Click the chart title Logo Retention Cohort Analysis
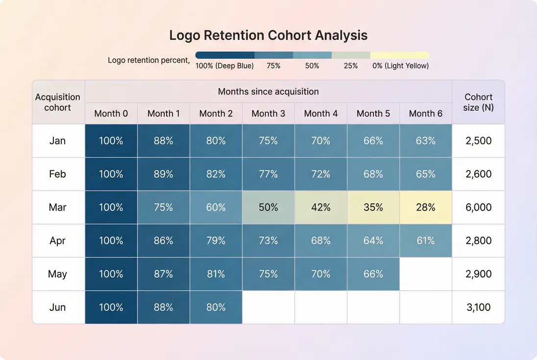tap(268, 35)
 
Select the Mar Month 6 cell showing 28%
tap(425, 207)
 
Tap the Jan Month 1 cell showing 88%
tap(163, 141)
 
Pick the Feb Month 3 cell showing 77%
tap(268, 174)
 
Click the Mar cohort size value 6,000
tap(478, 207)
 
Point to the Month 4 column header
tap(320, 114)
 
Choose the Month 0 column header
tap(111, 114)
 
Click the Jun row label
tap(58, 307)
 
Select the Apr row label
tap(58, 240)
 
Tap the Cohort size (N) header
tap(478, 102)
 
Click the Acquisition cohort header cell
tap(58, 102)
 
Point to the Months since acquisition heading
tap(268, 92)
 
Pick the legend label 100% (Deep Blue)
tap(224, 66)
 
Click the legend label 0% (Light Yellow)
tap(400, 66)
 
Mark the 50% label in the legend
tap(312, 66)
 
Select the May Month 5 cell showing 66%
tap(373, 274)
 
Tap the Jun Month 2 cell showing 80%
tap(216, 307)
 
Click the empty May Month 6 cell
tap(425, 274)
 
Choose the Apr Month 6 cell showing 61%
tap(425, 240)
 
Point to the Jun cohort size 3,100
tap(478, 307)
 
